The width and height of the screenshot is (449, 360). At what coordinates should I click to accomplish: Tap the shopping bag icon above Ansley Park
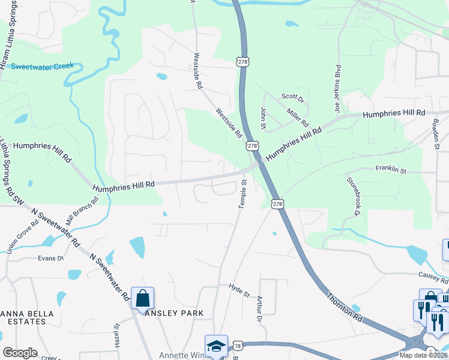(x=142, y=298)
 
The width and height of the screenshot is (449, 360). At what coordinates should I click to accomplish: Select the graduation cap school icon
(x=216, y=346)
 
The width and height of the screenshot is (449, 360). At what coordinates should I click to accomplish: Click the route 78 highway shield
(x=239, y=346)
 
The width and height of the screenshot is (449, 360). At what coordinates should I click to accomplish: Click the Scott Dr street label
(x=294, y=97)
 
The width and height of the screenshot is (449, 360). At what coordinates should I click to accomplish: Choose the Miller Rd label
(x=297, y=116)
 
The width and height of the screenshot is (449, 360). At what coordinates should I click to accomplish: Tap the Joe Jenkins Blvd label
(x=337, y=89)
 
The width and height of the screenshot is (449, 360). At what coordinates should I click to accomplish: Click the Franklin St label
(x=391, y=170)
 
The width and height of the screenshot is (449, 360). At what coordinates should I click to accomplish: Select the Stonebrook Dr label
(x=353, y=196)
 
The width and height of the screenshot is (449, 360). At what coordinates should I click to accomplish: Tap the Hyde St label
(x=239, y=290)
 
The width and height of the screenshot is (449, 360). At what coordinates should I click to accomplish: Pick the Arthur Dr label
(x=260, y=308)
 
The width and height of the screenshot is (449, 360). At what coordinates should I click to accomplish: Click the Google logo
(x=20, y=353)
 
